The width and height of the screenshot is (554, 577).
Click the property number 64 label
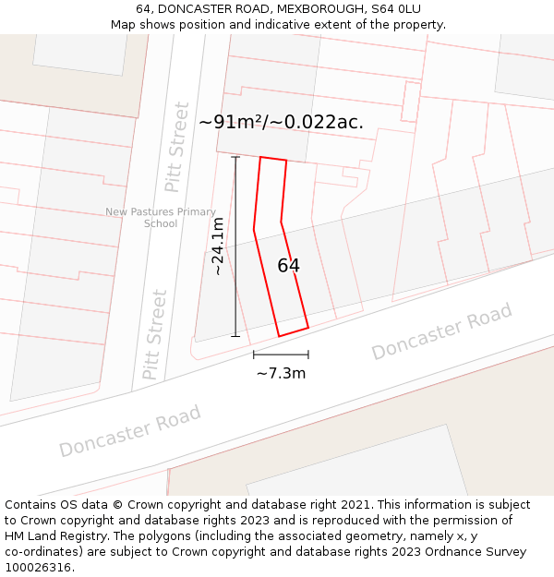coord(288,266)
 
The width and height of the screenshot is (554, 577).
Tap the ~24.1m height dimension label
coord(218,246)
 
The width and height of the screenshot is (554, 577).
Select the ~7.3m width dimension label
coord(281,373)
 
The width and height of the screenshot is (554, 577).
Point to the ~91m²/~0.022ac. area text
coord(281,122)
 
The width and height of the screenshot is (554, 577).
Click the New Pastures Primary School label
coord(161,217)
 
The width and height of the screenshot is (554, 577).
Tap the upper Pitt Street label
coord(176,147)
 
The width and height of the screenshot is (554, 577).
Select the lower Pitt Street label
coord(156,334)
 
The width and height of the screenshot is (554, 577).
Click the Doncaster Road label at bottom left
coord(130,430)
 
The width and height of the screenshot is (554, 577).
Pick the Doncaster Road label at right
coord(441,332)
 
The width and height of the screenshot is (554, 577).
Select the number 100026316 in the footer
coord(36,568)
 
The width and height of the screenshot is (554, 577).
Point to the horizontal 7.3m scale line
coord(281,354)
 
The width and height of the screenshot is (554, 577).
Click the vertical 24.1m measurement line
coord(235,246)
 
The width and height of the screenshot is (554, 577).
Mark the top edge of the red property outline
coord(273,160)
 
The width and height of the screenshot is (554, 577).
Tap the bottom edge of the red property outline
coord(294,331)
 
